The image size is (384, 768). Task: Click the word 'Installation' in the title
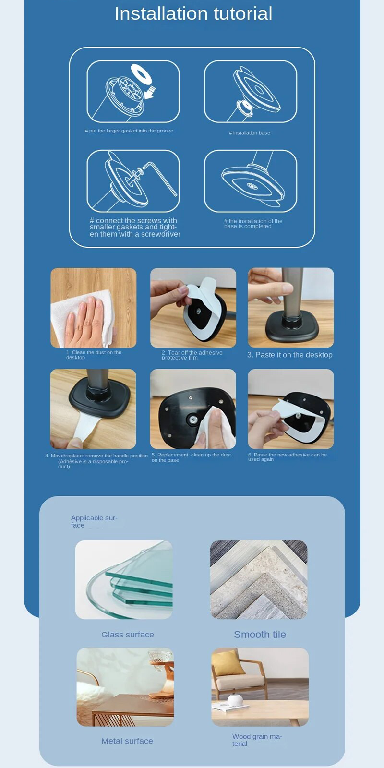[161, 14]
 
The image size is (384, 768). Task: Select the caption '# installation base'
[249, 133]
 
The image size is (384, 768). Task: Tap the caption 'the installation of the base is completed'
[253, 224]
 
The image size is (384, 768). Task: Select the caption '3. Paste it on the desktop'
[290, 355]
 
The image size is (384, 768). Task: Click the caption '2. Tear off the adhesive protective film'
[192, 355]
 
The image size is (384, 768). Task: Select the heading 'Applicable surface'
[94, 521]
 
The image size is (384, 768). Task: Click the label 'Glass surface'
[128, 635]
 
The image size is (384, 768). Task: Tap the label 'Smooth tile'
[260, 634]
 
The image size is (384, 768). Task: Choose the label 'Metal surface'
[127, 741]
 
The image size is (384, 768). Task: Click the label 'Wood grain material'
[257, 740]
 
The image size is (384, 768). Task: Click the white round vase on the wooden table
[235, 700]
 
